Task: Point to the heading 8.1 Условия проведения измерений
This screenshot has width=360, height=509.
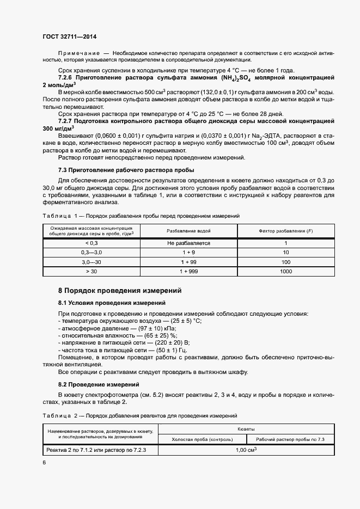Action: (x=112, y=302)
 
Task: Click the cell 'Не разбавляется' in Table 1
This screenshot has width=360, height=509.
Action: (x=188, y=243)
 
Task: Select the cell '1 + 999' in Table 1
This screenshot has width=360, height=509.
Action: (x=188, y=271)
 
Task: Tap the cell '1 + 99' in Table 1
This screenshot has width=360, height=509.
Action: (x=188, y=262)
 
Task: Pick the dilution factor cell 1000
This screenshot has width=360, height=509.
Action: (x=286, y=271)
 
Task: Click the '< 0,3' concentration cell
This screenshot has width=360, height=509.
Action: (x=91, y=243)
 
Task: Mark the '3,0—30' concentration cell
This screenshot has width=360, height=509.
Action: (x=91, y=262)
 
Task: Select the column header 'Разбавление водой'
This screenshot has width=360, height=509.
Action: (x=188, y=231)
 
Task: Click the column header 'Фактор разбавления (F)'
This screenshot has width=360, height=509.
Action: (x=286, y=231)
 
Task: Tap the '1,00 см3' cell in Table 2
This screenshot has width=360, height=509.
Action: (x=246, y=450)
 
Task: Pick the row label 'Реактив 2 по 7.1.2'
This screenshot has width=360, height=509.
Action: (x=70, y=450)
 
